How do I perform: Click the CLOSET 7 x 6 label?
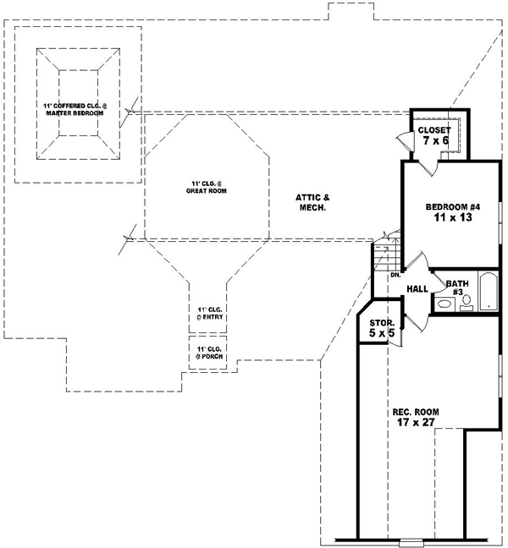[433, 135]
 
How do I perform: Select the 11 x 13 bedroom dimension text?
[449, 217]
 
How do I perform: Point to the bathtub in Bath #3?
[489, 293]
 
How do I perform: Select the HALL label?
[417, 289]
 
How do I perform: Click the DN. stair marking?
[395, 276]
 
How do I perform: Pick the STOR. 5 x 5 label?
[382, 328]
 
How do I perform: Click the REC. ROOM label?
[416, 412]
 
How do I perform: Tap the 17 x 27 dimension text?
[416, 423]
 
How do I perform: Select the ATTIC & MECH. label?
[312, 201]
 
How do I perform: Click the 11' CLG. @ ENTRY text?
[208, 315]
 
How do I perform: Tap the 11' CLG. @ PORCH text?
[208, 353]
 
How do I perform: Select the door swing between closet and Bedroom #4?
[432, 168]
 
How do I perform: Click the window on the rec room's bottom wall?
[411, 540]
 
